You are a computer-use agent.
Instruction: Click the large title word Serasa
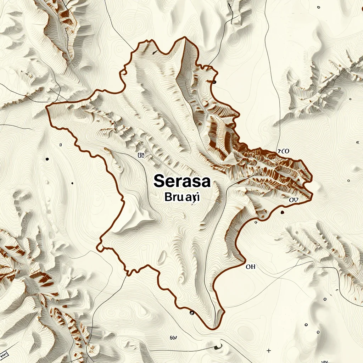(x=182, y=181)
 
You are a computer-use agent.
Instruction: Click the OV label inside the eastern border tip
(x=294, y=200)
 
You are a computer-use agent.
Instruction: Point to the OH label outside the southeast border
(x=250, y=267)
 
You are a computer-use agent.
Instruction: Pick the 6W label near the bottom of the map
(x=173, y=338)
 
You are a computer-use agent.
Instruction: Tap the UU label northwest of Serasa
(x=141, y=155)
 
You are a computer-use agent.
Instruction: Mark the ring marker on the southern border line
(x=192, y=313)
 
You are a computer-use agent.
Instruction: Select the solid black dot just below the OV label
(x=282, y=212)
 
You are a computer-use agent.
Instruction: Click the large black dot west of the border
(x=47, y=159)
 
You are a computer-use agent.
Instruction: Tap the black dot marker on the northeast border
(x=214, y=82)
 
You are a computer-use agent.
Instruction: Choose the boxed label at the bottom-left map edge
(x=4, y=354)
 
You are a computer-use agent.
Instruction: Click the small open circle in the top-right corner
(x=318, y=7)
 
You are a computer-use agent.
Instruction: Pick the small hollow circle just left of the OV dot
(x=256, y=222)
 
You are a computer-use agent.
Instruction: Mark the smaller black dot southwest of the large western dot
(x=72, y=183)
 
